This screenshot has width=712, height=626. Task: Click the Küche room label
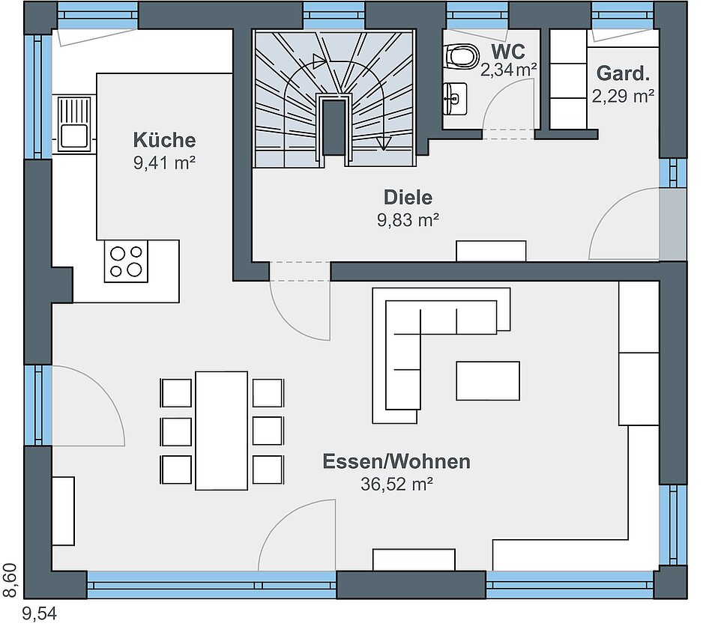click(164, 140)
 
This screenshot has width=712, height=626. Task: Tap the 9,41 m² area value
click(164, 162)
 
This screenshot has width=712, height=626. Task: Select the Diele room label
click(408, 198)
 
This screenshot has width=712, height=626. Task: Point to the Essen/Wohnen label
click(396, 461)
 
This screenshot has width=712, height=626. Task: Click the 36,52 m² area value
click(396, 484)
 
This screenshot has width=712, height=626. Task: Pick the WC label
click(508, 52)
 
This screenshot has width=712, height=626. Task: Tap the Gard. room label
click(623, 73)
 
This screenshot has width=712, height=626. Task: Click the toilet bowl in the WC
click(462, 56)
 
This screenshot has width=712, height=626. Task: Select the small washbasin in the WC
click(456, 98)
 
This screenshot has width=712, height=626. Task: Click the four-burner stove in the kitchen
click(126, 261)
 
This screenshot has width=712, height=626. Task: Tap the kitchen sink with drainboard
click(74, 124)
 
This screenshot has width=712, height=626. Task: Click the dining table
click(222, 431)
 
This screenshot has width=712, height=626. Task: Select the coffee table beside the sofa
click(488, 380)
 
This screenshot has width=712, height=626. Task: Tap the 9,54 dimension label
click(40, 614)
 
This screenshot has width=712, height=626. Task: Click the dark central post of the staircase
click(334, 127)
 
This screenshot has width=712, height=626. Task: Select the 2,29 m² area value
click(623, 96)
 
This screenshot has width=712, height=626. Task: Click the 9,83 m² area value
click(408, 220)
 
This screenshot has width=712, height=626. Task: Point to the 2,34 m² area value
click(509, 70)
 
